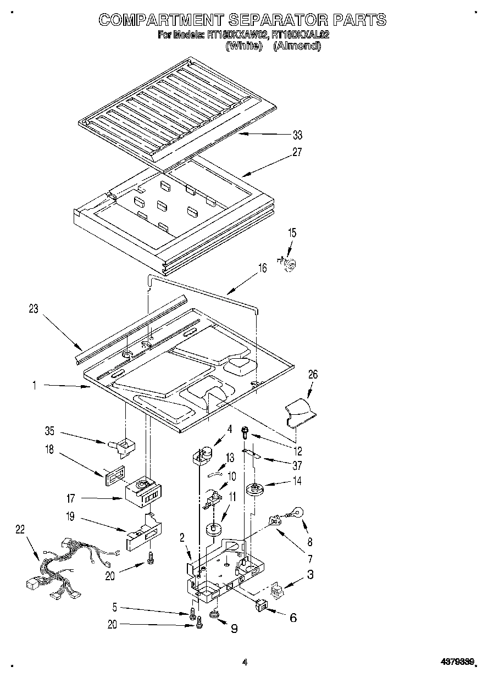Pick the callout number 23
click(x=34, y=309)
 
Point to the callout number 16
click(x=263, y=268)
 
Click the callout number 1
click(x=34, y=386)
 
